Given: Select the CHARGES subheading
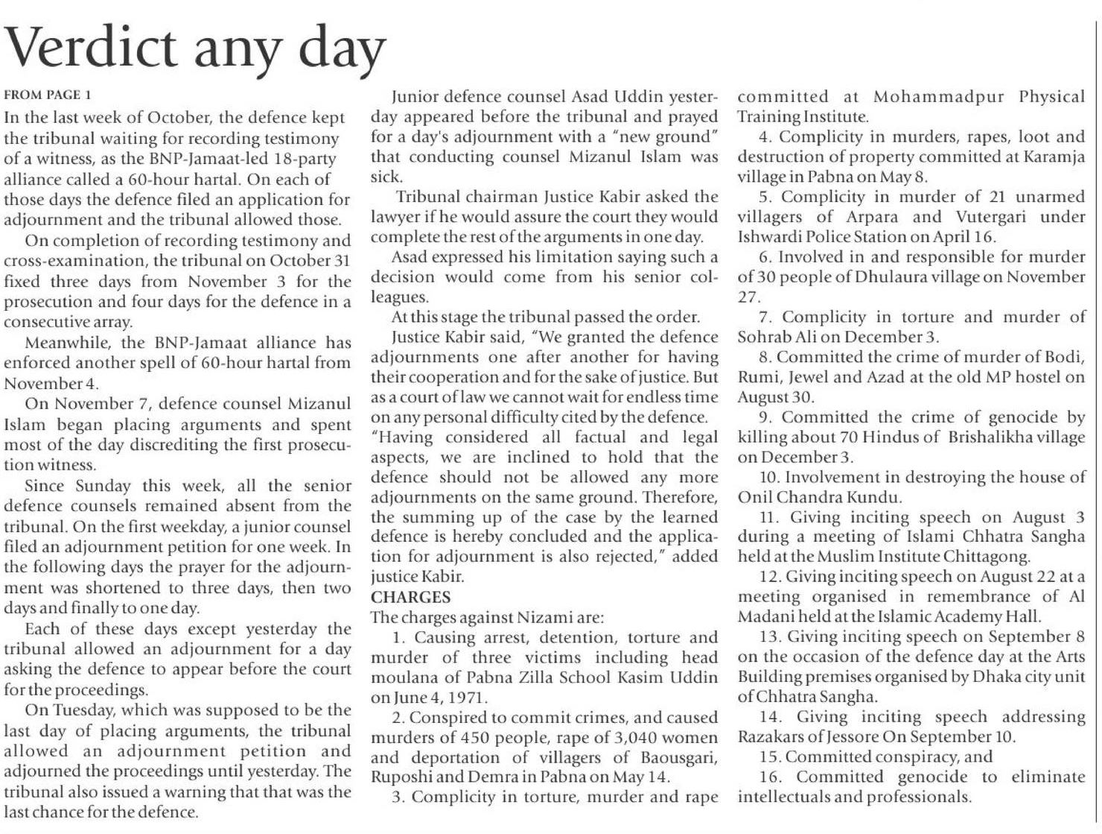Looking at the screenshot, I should (x=410, y=597).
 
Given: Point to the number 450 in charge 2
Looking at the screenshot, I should (x=480, y=738).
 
